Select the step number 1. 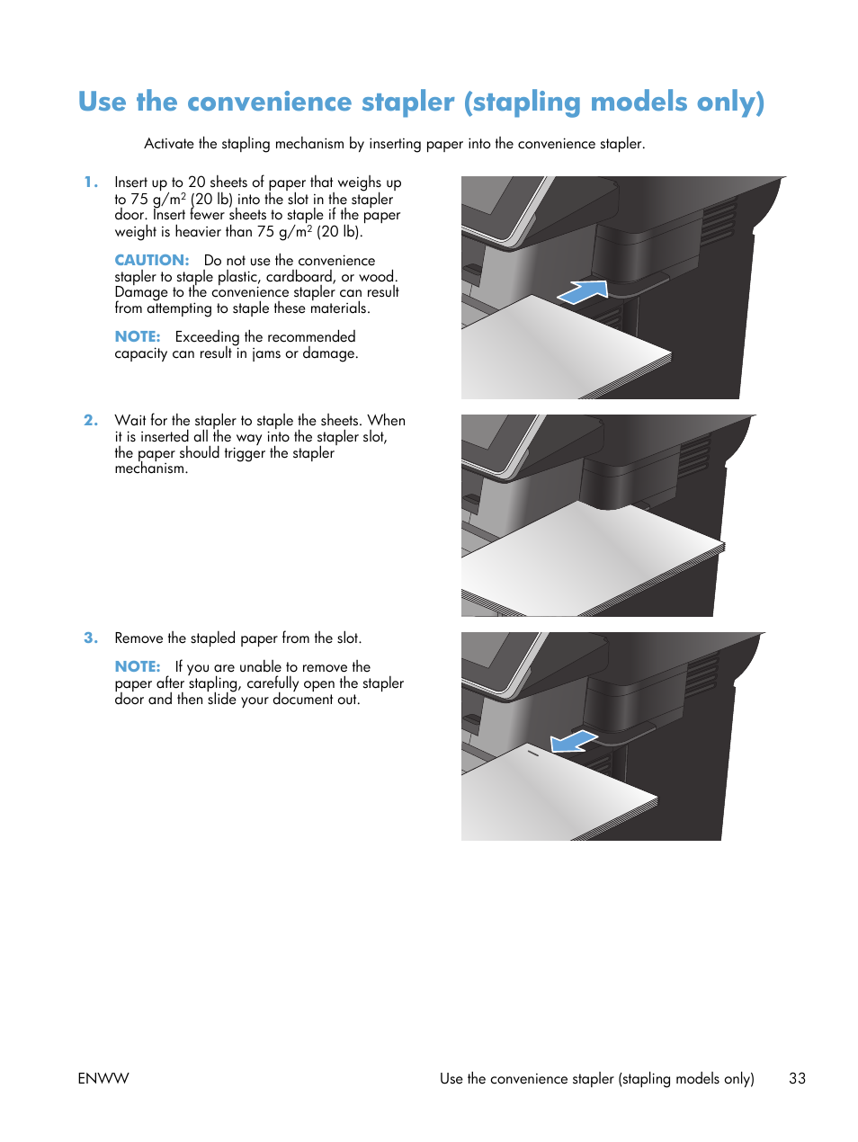click(90, 183)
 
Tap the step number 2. click(90, 420)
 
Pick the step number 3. click(90, 638)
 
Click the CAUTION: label click(151, 260)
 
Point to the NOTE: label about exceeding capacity click(137, 336)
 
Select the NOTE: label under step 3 click(137, 666)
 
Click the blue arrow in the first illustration click(583, 291)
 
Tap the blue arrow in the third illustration click(573, 741)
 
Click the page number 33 click(797, 1078)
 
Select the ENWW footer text click(103, 1078)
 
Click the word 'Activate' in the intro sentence click(169, 144)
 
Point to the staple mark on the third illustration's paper click(532, 753)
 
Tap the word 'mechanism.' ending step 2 click(151, 468)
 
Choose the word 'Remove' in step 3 click(139, 638)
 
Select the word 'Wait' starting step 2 click(130, 420)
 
